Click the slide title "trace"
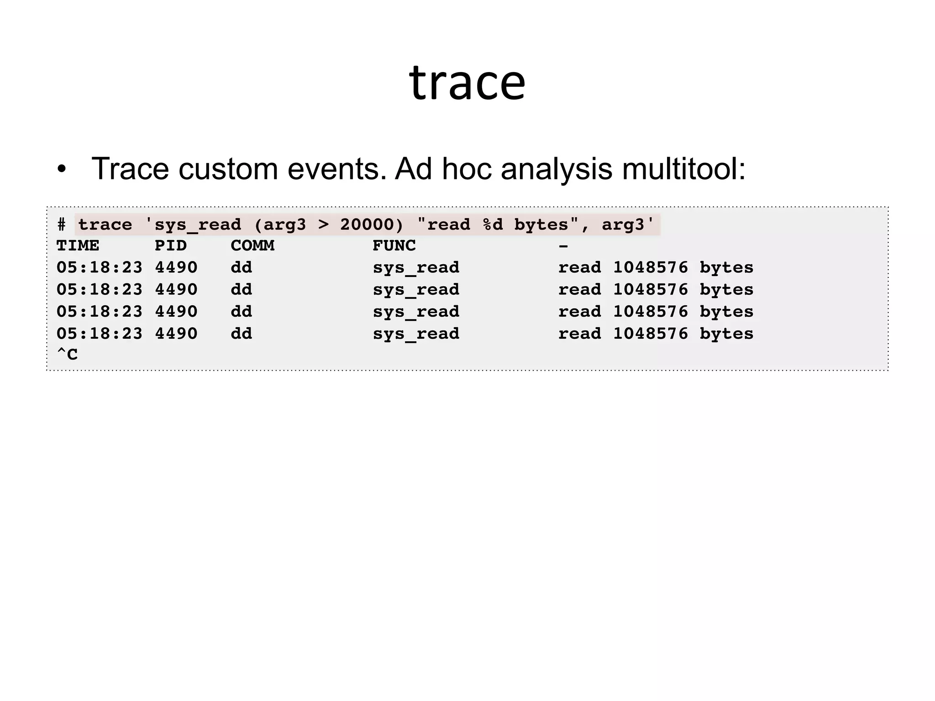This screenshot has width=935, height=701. coord(467,83)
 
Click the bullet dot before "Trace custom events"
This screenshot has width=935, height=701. coord(62,170)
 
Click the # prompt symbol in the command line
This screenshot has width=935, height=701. coord(62,225)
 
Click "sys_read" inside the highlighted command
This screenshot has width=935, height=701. coord(198,225)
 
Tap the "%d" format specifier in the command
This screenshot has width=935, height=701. coord(493,225)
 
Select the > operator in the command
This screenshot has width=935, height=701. coord(323,225)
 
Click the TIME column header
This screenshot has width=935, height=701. coord(78,246)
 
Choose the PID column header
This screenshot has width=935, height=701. coord(171,246)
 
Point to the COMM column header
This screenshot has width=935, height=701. coord(252,246)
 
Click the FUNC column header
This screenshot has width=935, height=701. coord(394,246)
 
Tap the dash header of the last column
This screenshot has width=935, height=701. coord(563,246)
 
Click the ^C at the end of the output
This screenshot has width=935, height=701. coord(67,354)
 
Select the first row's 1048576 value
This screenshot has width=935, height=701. coord(650,267)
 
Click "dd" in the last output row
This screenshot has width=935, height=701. coord(242,334)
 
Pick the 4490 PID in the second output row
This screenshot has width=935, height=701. coord(176,289)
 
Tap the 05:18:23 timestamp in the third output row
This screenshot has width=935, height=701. coord(100,312)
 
